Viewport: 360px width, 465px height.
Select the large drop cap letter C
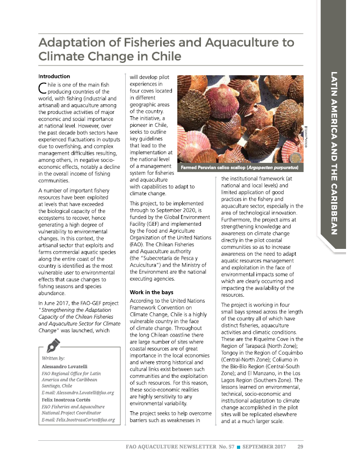[43, 89]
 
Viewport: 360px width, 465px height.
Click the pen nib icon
[53, 345]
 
